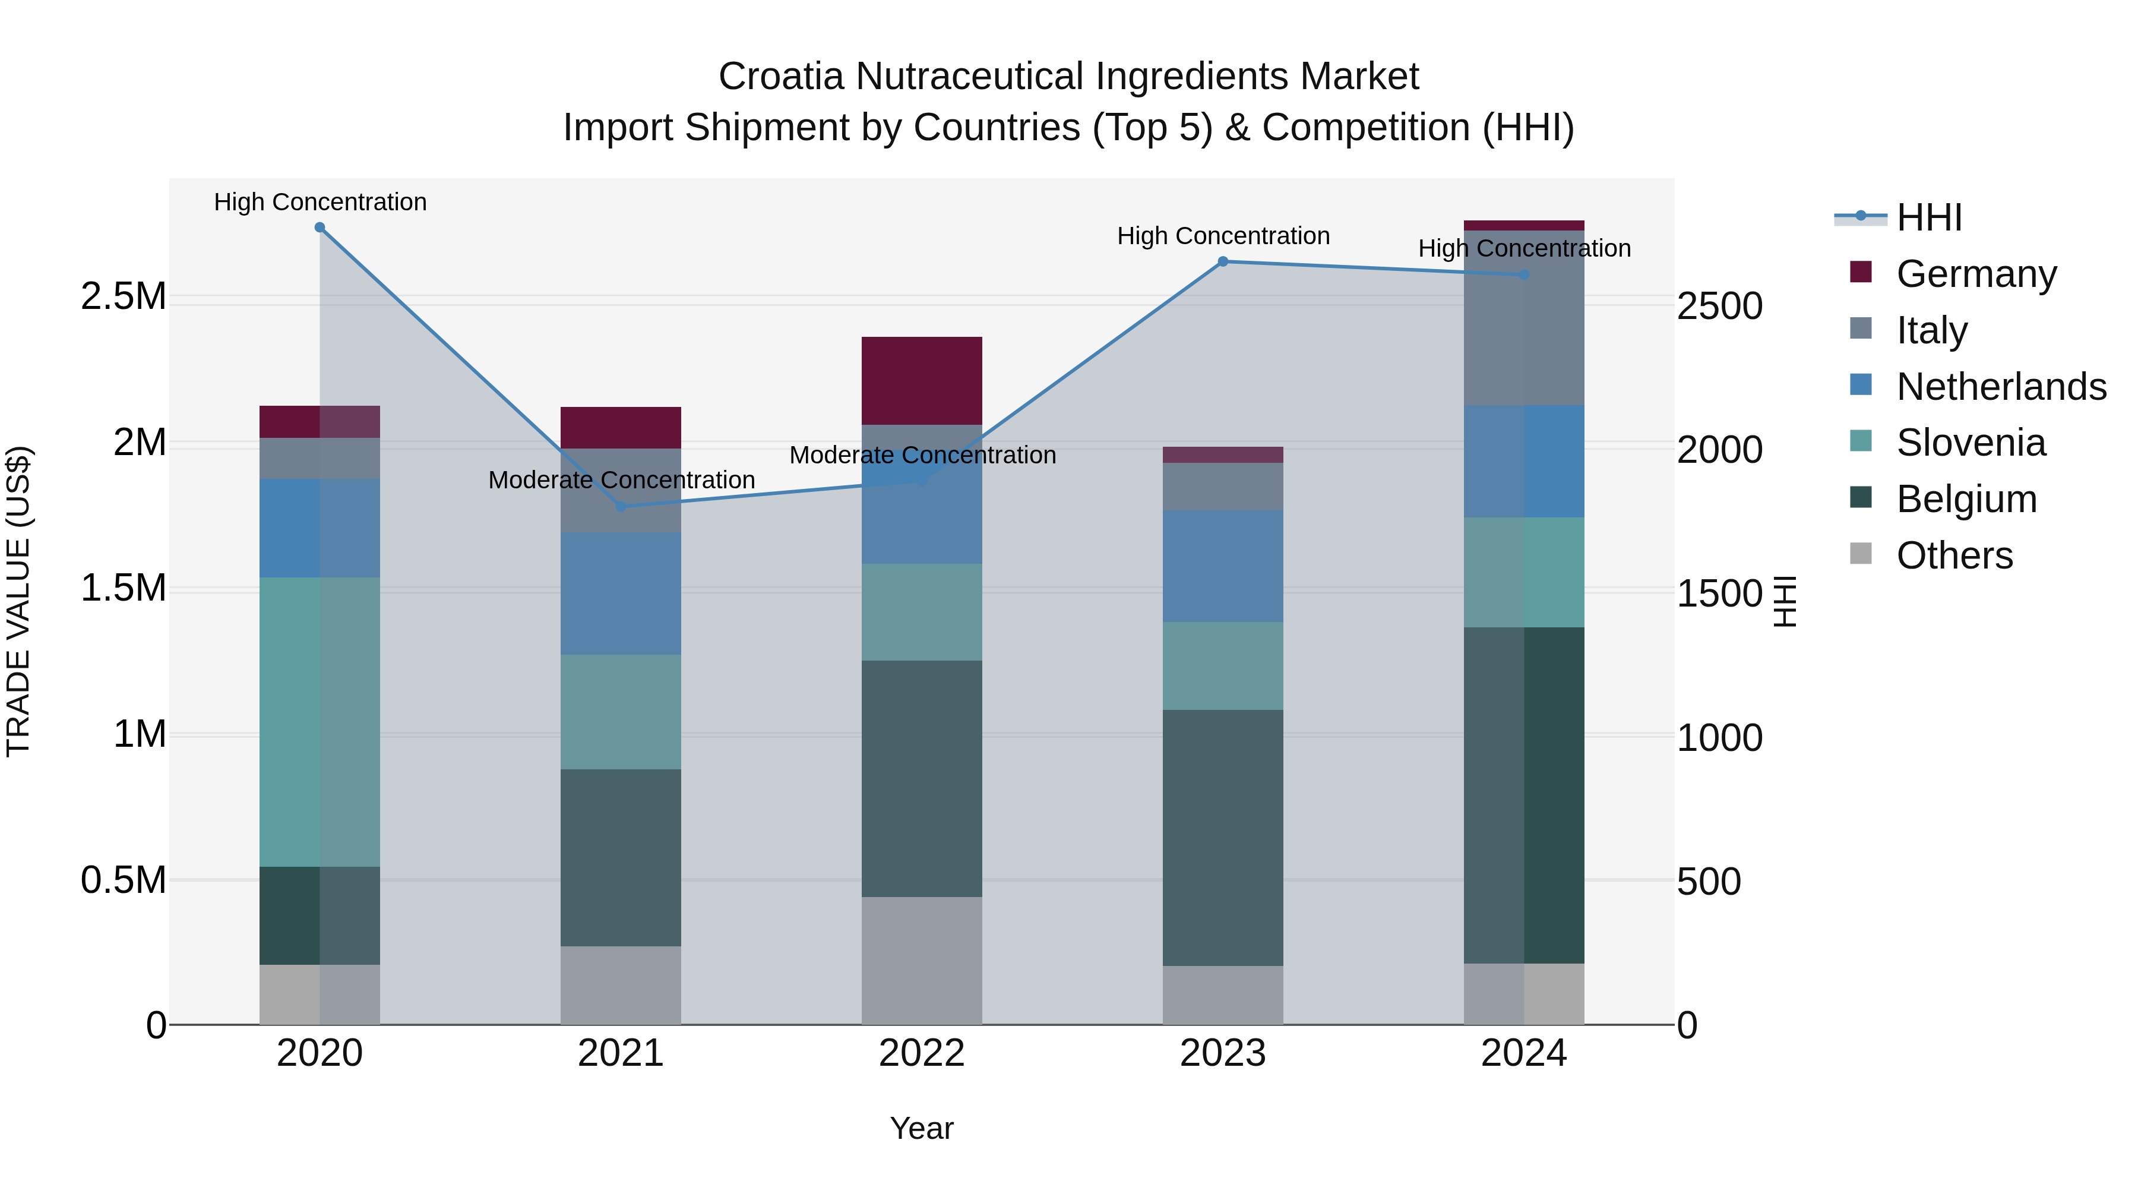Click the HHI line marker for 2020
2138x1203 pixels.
pos(320,228)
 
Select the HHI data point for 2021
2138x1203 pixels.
pos(621,506)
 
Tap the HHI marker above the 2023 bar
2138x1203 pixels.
pos(1223,261)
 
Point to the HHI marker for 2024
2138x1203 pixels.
pos(1524,275)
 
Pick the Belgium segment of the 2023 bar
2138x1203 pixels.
pos(1223,837)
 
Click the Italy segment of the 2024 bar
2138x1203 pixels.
pos(1524,318)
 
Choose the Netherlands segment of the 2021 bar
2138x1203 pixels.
pos(621,593)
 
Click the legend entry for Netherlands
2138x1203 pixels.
pos(2000,387)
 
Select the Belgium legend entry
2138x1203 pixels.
pos(1966,499)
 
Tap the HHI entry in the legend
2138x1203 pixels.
pos(1929,217)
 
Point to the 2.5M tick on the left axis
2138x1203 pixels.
pos(124,296)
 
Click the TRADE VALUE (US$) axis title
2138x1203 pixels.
pos(18,601)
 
